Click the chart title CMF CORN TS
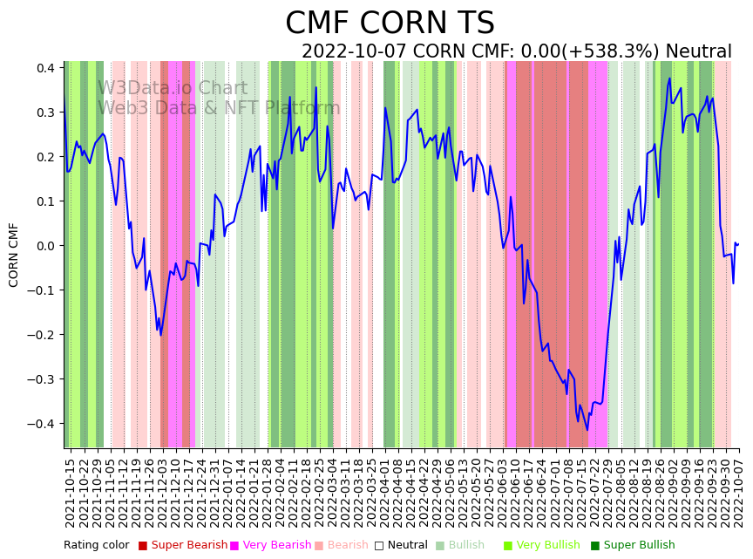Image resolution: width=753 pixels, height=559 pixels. click(390, 24)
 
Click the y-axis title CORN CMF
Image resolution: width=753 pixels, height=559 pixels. click(14, 255)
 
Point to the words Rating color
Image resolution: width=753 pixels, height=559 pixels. click(96, 546)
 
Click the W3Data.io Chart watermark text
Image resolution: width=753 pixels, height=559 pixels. click(173, 89)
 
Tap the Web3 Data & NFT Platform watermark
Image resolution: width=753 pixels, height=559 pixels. click(219, 108)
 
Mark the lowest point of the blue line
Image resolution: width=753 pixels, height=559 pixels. click(587, 430)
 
